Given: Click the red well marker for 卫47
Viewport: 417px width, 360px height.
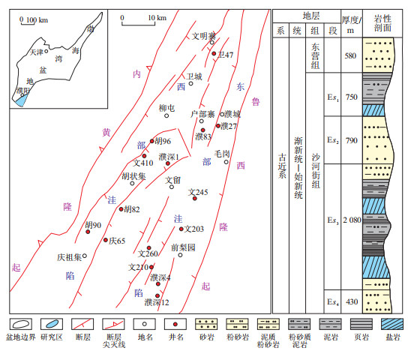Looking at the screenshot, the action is coord(214,53).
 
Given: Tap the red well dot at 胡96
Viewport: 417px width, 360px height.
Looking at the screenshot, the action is coord(151,141).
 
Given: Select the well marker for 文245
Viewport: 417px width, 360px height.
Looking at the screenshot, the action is coord(195,198).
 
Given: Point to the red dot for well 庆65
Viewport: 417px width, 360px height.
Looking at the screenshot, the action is coord(106,240).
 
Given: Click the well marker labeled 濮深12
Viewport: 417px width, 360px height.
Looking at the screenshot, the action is coord(157,295).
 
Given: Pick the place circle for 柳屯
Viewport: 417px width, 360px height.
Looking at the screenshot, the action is coord(166,115).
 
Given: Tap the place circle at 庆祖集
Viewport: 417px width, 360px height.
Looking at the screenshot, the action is coord(85,256).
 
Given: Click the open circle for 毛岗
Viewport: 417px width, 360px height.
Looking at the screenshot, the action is coord(226,162).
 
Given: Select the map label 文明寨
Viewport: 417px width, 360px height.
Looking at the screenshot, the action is coord(204,36).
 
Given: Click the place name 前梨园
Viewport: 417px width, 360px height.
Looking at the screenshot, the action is coord(183,247).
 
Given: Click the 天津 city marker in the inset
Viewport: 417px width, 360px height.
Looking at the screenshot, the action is coord(46,51).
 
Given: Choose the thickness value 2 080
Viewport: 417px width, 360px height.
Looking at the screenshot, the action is coord(352,220).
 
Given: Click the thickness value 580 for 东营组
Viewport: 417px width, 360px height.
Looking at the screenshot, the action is coord(350,55).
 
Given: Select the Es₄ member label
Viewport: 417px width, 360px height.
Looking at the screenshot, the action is coord(333,302).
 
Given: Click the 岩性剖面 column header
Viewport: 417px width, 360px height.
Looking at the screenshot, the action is coord(382,23).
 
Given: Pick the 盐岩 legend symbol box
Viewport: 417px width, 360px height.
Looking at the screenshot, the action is coord(392,324).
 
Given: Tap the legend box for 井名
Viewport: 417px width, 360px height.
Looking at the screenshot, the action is coord(175,324).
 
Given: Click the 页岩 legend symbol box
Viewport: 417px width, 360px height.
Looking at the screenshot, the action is coord(361,324).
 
